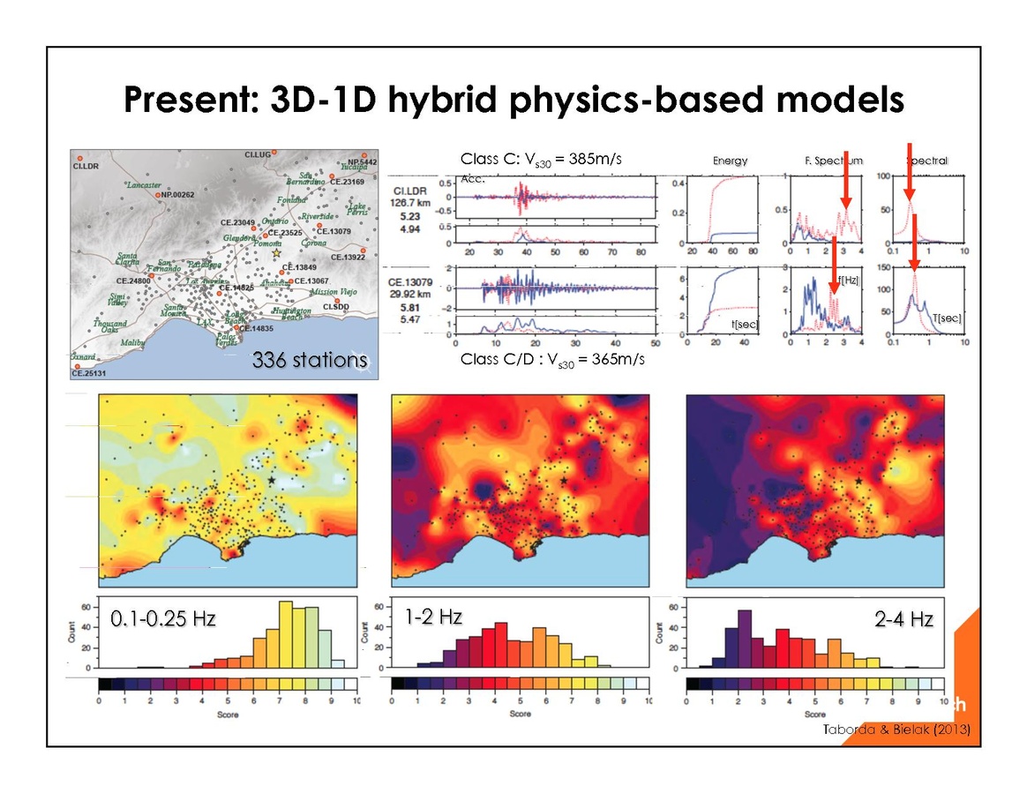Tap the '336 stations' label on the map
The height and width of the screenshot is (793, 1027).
pos(309,360)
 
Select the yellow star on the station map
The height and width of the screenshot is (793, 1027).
pos(275,253)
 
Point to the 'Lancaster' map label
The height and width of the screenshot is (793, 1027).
pos(144,185)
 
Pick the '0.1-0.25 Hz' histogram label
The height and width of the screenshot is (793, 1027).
pos(163,619)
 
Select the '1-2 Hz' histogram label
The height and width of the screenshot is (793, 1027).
pos(434,617)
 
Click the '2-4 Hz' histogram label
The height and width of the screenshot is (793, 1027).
pos(903,620)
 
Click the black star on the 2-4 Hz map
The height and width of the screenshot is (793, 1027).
pos(858,481)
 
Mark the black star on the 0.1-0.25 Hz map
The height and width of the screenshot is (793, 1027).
pos(272,479)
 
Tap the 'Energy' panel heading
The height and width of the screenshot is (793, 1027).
pos(730,161)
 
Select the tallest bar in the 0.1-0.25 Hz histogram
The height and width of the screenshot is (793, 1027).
pos(286,633)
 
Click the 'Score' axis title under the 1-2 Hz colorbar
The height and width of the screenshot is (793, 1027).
pos(520,714)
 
